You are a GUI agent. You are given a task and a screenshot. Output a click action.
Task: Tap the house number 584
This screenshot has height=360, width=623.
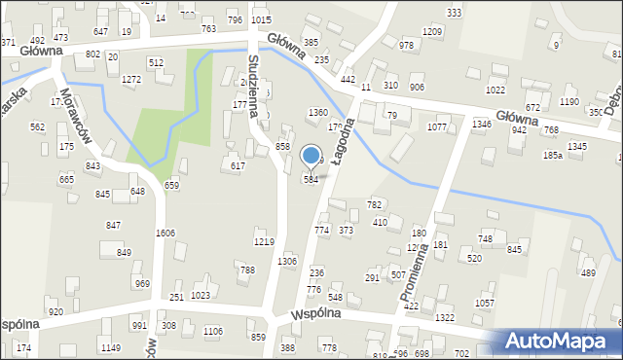(x=311, y=180)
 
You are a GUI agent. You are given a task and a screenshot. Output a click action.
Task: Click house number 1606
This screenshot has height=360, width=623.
(x=165, y=234)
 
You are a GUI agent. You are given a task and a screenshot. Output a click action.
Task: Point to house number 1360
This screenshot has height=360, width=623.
(x=317, y=113)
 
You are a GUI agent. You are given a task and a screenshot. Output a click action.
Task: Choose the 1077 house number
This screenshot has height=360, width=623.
(x=437, y=126)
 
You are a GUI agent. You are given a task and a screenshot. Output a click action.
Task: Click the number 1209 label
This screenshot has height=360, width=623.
(x=433, y=32)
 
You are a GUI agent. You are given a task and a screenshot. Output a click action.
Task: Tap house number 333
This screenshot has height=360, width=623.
(x=454, y=12)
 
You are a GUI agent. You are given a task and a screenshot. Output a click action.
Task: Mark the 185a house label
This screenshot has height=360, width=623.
(x=553, y=155)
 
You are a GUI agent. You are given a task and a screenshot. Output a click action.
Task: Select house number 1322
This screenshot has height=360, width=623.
(x=445, y=318)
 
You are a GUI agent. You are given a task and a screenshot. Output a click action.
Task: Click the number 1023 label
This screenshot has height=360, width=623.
(x=201, y=295)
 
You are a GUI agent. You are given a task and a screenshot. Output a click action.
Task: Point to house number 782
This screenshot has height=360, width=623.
(x=374, y=204)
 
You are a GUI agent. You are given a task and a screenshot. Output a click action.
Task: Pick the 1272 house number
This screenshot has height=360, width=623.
(x=131, y=78)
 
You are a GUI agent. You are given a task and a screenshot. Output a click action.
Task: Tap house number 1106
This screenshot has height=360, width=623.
(x=212, y=332)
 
